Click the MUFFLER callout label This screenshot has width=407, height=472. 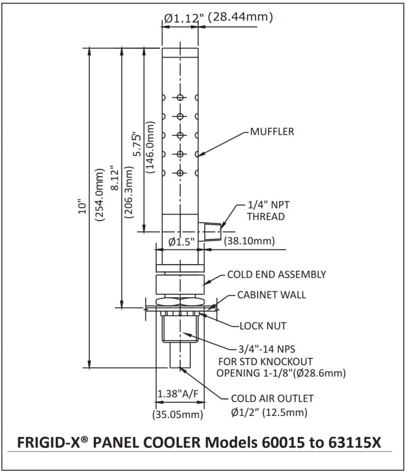click(272, 132)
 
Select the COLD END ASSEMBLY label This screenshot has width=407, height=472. click(276, 275)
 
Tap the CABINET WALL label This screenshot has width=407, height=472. click(271, 295)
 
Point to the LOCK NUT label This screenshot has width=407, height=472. click(263, 326)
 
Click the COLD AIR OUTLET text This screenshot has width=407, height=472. click(272, 398)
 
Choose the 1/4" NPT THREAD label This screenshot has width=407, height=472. click(266, 211)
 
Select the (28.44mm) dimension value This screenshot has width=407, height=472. click(240, 17)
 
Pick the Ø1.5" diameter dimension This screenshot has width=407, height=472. click(181, 242)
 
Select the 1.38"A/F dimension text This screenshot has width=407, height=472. click(178, 394)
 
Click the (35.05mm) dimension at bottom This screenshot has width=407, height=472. click(178, 415)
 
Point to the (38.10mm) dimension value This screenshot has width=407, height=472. click(249, 242)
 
